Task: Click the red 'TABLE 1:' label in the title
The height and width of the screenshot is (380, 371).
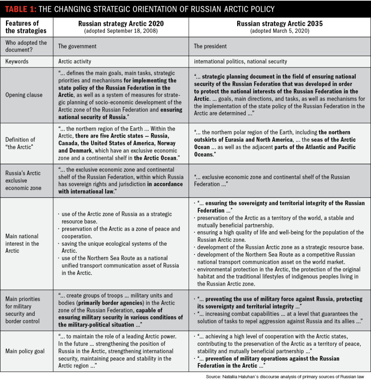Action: point(20,9)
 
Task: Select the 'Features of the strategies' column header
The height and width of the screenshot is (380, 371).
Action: point(26,27)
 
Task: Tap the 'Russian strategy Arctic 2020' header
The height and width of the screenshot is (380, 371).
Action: point(121,24)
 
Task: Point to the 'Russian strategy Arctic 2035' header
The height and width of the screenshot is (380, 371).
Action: point(280,24)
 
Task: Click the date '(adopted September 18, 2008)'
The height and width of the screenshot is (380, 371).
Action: point(121,31)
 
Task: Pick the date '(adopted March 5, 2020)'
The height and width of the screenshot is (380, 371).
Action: point(280,31)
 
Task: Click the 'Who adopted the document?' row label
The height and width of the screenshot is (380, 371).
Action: point(26,46)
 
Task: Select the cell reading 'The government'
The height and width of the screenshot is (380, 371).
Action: point(77,46)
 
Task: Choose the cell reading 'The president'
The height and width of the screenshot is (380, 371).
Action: point(210,46)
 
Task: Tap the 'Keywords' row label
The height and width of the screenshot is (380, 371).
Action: point(17,61)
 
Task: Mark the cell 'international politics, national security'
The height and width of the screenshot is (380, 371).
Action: point(241,61)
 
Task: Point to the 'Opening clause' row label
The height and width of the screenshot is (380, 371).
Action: point(24,95)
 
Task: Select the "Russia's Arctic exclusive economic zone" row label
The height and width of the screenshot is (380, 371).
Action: point(23,180)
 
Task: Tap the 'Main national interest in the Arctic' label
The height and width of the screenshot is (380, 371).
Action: point(22,243)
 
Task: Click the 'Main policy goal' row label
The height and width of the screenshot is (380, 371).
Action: point(25,351)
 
